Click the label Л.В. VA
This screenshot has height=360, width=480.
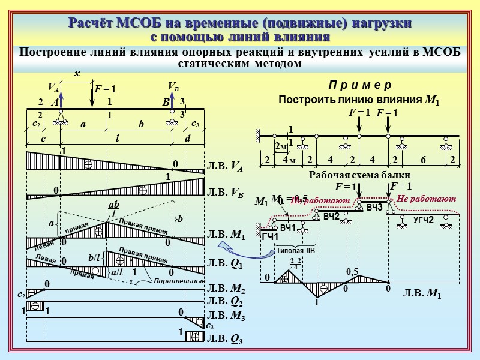point(225,167)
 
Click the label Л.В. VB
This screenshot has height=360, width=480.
point(225,193)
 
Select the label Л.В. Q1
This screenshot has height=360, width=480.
point(225,263)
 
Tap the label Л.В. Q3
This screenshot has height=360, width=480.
point(225,339)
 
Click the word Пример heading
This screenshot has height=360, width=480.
point(359,85)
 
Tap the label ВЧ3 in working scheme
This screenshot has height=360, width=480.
point(374,208)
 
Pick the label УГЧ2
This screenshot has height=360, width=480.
point(423,220)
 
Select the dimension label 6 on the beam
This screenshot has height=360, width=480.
point(422,160)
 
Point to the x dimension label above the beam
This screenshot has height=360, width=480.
point(76,74)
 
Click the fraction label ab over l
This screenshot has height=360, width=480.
point(113,209)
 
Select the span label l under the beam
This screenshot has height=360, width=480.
point(118,139)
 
